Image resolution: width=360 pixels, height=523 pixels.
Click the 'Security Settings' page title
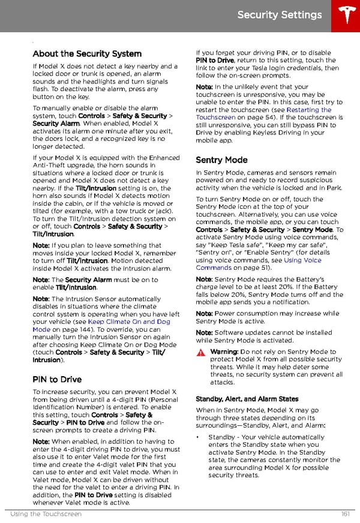(x=279, y=15)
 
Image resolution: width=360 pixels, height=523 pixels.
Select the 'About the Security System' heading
(x=87, y=53)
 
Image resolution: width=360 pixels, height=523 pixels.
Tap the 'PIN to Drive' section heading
(x=57, y=379)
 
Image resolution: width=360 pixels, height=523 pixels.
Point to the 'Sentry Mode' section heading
(x=221, y=160)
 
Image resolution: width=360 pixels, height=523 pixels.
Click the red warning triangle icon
(x=200, y=353)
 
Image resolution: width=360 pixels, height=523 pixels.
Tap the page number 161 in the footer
(x=344, y=515)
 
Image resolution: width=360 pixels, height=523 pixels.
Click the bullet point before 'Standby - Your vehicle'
(x=197, y=437)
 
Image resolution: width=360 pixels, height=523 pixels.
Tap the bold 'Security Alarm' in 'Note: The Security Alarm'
(x=88, y=280)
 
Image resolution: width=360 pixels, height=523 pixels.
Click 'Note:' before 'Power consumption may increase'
(x=204, y=313)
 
